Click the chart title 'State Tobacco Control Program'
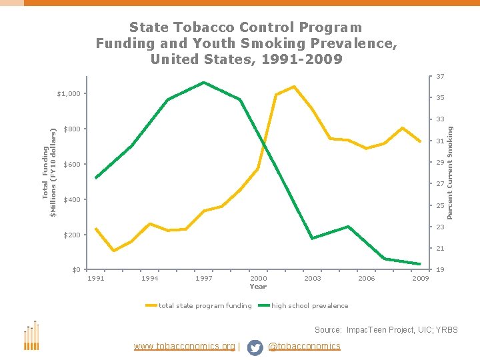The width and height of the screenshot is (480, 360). tap(245, 28)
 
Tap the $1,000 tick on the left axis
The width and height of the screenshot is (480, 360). tap(67, 93)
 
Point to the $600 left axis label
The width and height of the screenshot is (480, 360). tap(71, 165)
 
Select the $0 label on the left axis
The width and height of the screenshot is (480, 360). tap(77, 270)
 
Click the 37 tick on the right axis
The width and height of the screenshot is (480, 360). tap(441, 77)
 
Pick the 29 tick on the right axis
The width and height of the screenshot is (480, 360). tap(441, 163)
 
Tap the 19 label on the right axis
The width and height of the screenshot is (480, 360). tap(441, 270)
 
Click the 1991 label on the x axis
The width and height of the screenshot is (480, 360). tap(96, 279)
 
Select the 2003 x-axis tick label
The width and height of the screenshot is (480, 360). tap(312, 279)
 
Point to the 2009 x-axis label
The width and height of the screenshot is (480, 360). tap(420, 279)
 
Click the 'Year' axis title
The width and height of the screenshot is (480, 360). tap(258, 287)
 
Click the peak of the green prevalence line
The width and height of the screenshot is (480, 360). tap(203, 83)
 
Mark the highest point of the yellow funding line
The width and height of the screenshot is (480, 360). tap(293, 87)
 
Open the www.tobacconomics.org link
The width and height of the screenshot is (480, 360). tap(185, 347)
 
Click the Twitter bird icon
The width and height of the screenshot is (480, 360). tap(255, 347)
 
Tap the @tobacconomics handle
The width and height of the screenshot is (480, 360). tap(303, 347)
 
